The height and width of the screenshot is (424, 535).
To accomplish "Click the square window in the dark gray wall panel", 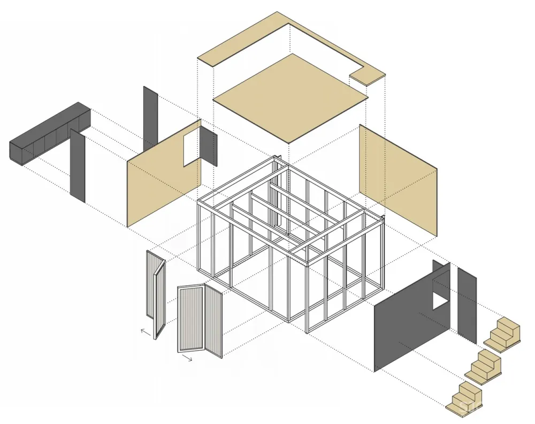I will pos(440,296).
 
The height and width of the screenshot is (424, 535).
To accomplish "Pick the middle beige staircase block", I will pos(485,367).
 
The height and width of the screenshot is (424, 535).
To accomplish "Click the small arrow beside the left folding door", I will pos(145,332).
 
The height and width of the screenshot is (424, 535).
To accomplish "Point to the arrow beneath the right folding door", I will pos(186,357).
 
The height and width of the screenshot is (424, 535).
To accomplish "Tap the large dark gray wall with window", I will pos(407,321).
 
